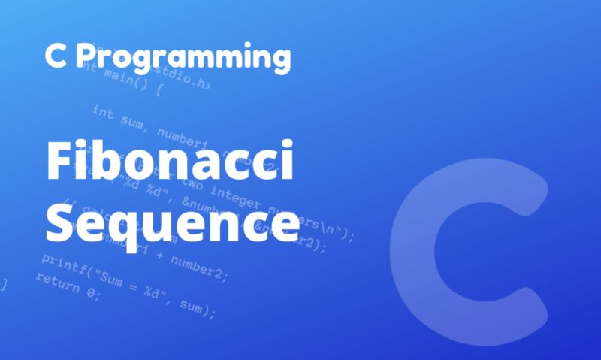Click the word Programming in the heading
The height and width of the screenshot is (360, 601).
click(192, 56)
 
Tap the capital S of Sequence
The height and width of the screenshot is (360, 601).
click(62, 223)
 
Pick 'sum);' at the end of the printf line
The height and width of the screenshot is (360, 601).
click(197, 307)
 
